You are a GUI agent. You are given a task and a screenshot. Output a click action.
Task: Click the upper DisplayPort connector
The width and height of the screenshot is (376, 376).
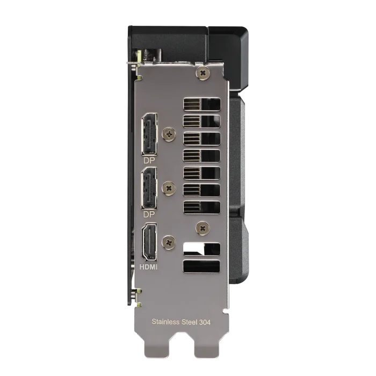(149, 134)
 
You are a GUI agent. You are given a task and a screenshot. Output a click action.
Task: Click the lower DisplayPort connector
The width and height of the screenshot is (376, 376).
(149, 188)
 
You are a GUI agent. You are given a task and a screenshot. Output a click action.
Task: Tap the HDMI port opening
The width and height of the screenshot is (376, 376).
(150, 242)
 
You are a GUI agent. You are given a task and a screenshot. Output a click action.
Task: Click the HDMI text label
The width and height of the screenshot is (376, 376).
(148, 267)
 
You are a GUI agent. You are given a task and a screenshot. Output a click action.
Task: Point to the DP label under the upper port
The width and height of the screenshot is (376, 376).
(149, 161)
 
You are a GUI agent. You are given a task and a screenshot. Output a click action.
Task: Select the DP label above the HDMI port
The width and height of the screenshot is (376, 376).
(149, 214)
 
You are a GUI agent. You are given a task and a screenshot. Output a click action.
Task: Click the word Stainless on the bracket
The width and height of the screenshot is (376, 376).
(165, 322)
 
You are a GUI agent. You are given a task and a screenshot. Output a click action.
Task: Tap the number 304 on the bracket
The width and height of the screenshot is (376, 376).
(205, 322)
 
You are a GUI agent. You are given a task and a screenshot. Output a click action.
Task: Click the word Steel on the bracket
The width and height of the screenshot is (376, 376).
(189, 322)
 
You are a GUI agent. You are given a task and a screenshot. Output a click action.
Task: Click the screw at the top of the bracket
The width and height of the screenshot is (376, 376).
(203, 73)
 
